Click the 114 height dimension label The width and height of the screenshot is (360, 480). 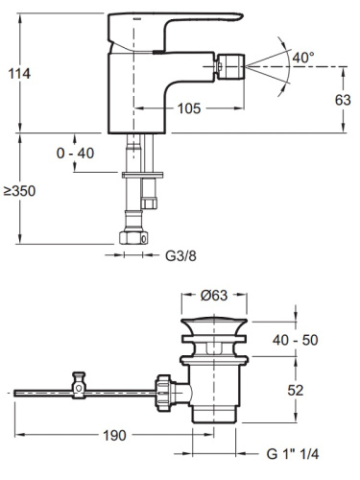coord(19,74)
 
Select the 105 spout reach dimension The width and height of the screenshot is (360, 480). coord(189,108)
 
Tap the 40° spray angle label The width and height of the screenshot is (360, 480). coord(303,58)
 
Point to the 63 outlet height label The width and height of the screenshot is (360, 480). coord(343,100)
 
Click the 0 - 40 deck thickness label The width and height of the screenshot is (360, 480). coord(75,154)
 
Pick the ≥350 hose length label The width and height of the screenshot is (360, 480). coord(19,191)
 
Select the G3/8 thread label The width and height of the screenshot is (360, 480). coord(180,255)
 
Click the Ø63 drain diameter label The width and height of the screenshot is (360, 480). coord(214,295)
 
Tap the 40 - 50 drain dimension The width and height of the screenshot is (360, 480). coord(296,340)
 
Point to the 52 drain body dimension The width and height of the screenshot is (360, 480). coord(295,390)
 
